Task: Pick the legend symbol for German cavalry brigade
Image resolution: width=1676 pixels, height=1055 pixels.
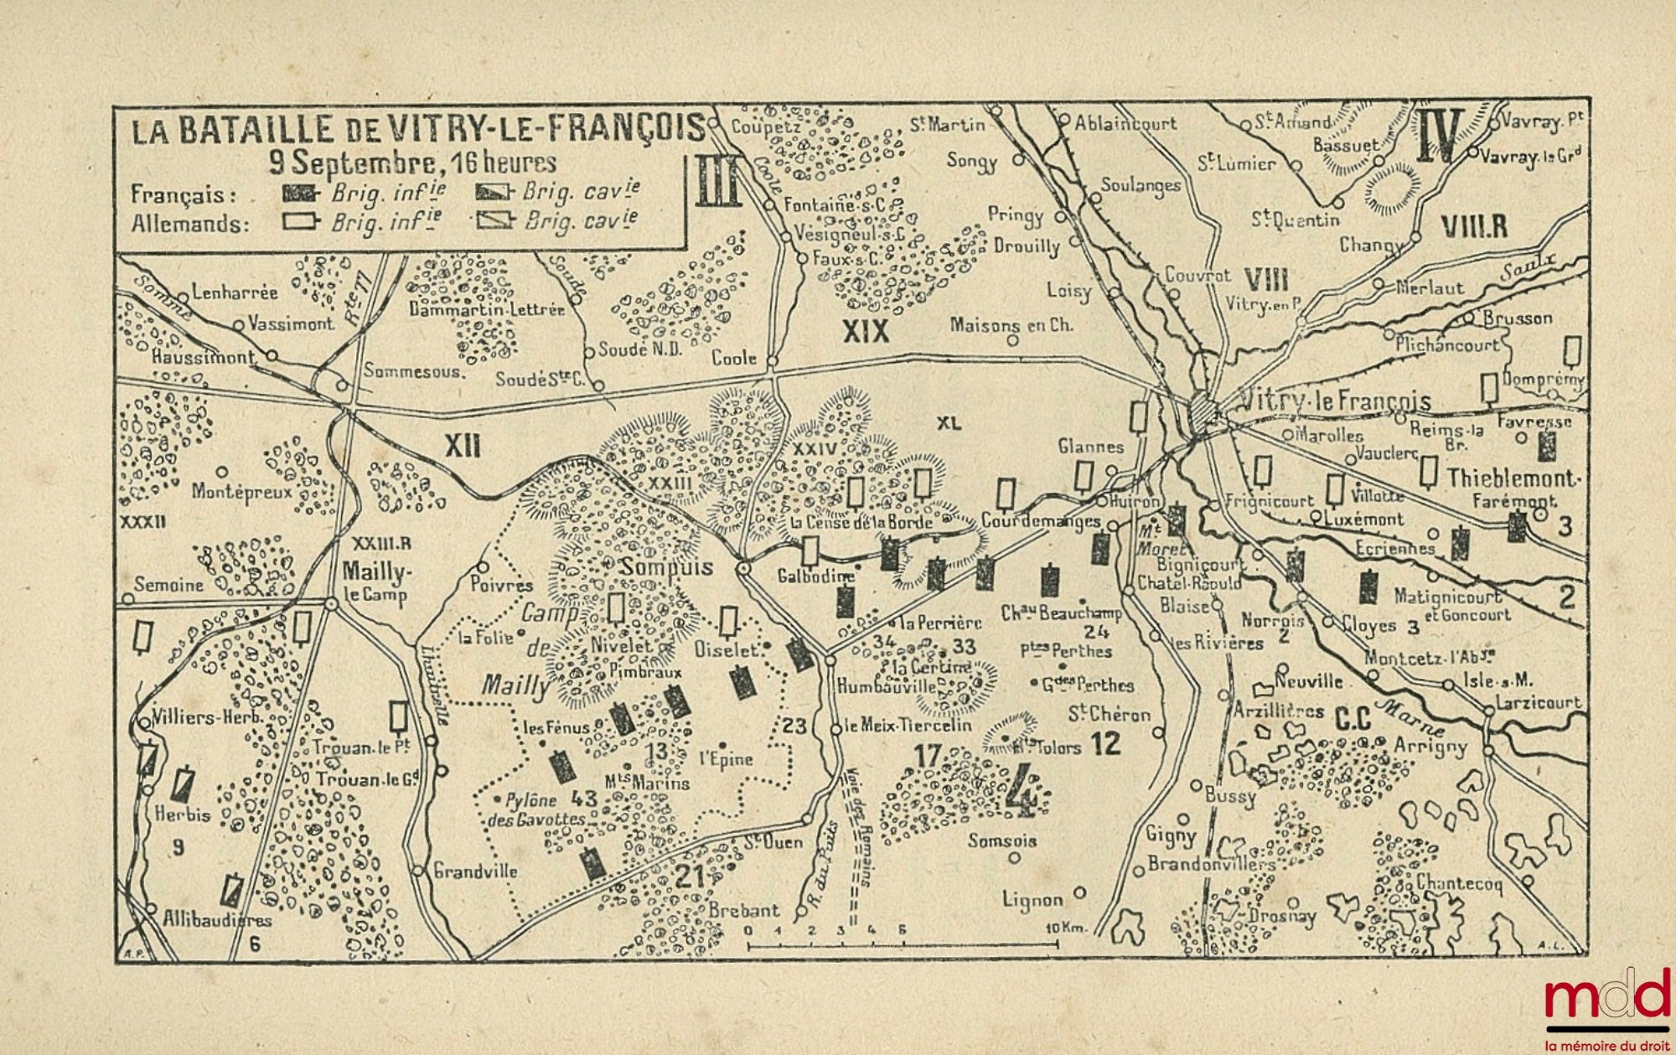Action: click(496, 221)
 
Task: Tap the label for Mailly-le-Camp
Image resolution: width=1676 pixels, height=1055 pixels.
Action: click(376, 582)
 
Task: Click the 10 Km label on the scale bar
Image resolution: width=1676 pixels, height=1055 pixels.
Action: click(1065, 928)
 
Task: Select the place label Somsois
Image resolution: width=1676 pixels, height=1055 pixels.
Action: click(1001, 840)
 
